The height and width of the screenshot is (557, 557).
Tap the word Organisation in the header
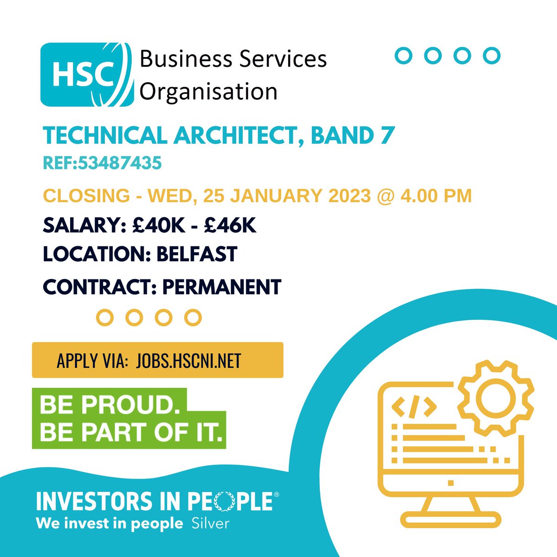tap(208, 91)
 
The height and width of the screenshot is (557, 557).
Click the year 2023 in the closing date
tap(350, 196)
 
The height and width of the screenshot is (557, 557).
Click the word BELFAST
tap(197, 254)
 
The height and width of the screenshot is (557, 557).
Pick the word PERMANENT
tap(222, 287)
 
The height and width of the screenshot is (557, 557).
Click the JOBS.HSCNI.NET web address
tap(189, 361)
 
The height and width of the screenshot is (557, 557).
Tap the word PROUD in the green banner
tap(132, 406)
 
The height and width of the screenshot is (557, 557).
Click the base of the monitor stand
tap(451, 519)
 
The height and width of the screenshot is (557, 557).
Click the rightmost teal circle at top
tap(491, 55)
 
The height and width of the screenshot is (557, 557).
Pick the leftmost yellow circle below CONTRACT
tap(105, 317)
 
